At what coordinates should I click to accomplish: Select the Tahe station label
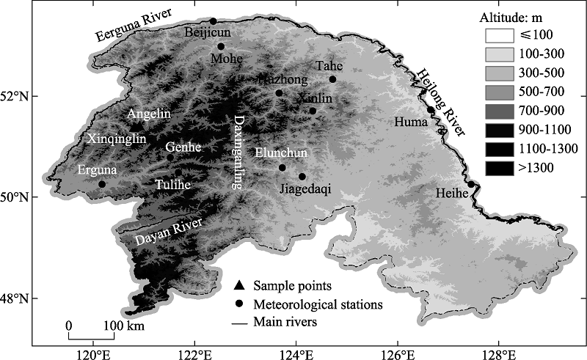tap(327, 66)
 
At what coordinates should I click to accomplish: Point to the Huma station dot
tap(431, 110)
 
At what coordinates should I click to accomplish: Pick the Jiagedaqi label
tap(306, 189)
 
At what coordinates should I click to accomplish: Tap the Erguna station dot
tap(102, 184)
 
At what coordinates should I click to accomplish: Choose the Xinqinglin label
tap(117, 138)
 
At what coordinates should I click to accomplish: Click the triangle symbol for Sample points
tap(238, 284)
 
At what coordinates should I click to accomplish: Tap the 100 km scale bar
tap(91, 337)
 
